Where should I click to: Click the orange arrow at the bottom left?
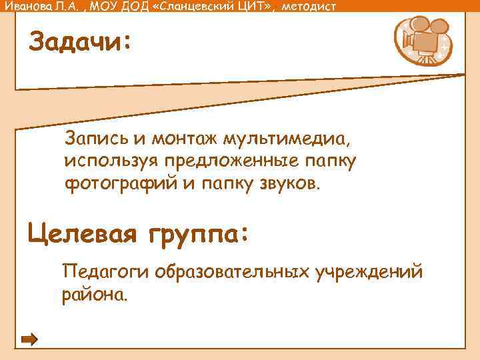[30, 339]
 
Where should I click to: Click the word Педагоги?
[105, 272]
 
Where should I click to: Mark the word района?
[93, 294]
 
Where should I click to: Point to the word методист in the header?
[310, 7]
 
